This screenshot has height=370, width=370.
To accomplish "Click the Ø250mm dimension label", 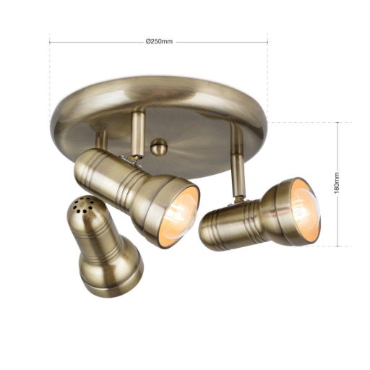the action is [x=159, y=41].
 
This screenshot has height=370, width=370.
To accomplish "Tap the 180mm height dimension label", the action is [x=337, y=183].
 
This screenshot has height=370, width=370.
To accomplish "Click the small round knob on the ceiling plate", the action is [x=158, y=147].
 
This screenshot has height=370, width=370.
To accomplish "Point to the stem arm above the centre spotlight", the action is [x=137, y=134].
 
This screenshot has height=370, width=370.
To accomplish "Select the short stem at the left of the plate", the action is [x=101, y=139].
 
